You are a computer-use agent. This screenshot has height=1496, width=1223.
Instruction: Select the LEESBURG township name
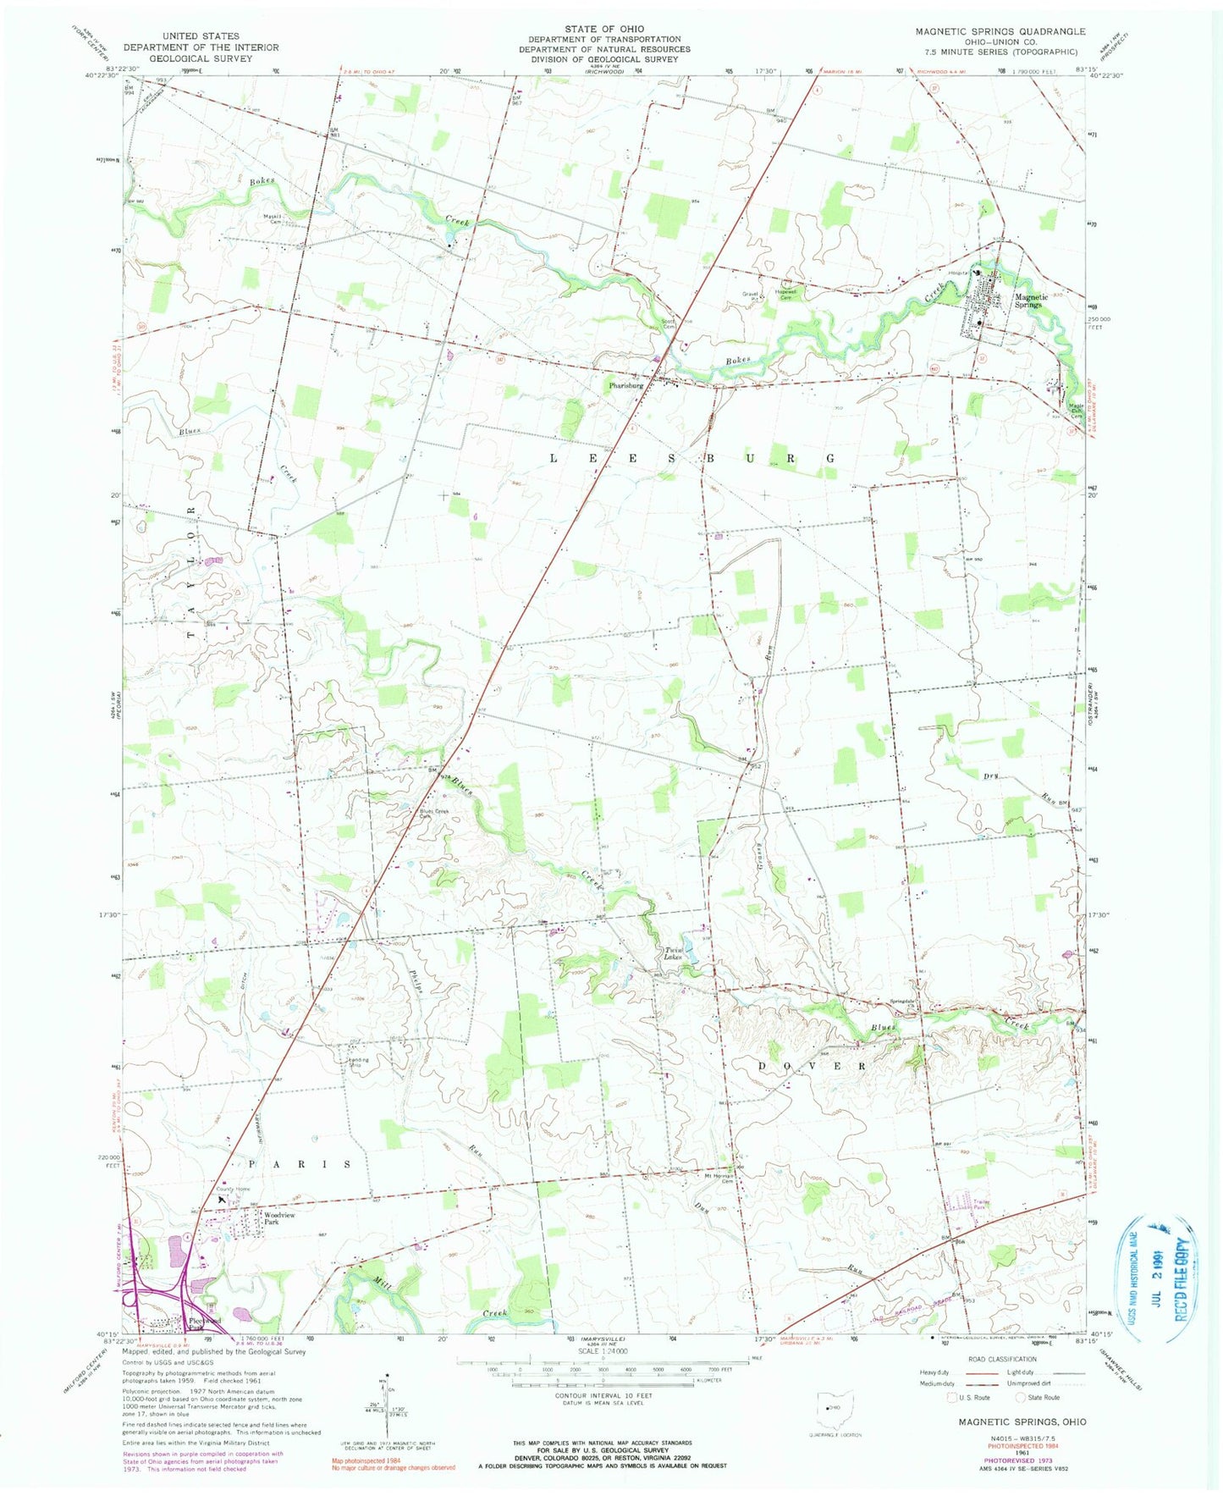point(693,458)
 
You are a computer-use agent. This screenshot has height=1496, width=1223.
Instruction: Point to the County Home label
point(231,1189)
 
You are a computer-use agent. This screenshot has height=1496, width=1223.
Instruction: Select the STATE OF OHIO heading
point(604,29)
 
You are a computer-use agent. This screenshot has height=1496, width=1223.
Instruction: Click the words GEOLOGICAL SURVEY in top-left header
point(201,59)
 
